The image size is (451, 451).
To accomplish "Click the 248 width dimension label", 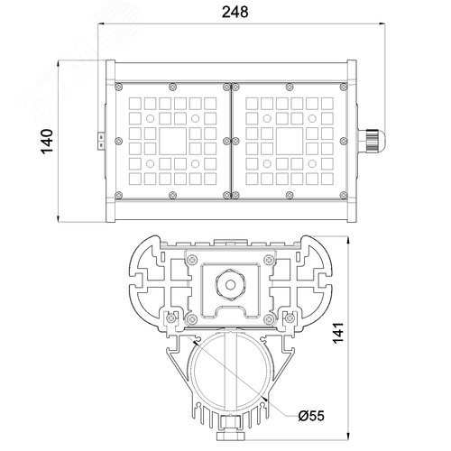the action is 235,12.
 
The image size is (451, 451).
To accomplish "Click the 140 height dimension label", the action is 47,142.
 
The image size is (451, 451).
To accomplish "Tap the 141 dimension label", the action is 338,332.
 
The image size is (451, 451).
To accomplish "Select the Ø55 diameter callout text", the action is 311,416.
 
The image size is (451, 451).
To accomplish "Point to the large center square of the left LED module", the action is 172,141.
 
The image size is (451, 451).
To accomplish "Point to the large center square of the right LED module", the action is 290,141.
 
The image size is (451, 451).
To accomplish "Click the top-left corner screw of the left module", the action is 119,87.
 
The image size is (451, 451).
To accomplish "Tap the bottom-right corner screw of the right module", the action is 344,196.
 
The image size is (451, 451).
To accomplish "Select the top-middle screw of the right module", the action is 290,87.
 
